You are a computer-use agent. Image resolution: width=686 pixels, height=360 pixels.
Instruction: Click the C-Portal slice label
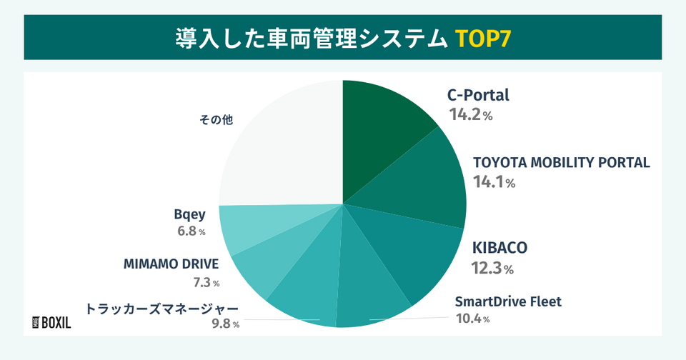478,95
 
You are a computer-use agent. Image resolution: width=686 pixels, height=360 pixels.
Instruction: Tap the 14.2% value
470,114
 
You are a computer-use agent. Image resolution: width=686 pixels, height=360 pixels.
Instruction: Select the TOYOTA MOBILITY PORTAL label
562,162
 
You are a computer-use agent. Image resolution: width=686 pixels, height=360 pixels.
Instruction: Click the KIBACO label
500,248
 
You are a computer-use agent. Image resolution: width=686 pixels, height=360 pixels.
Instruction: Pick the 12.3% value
492,269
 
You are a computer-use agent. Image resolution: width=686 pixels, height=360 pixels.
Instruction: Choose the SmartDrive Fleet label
508,301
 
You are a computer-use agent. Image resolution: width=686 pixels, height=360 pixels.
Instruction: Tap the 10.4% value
472,319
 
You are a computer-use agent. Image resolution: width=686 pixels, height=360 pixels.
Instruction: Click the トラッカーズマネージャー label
161,309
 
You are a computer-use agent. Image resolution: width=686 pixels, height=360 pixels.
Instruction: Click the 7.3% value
206,283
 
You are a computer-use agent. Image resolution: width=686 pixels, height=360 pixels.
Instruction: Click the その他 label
217,120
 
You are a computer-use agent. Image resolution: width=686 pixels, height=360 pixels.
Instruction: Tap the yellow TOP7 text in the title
482,36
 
